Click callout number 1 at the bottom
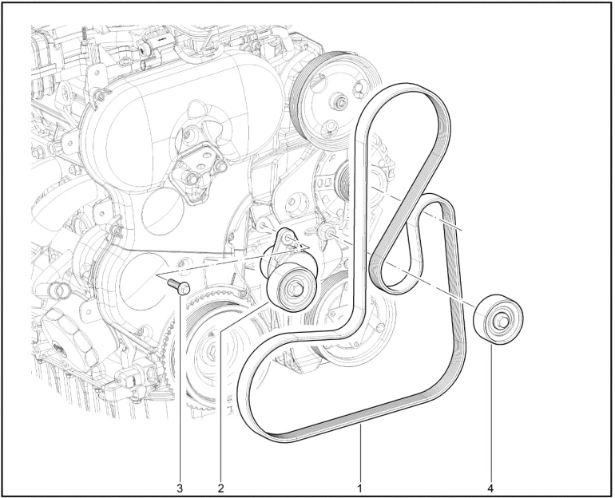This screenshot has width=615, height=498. pos(359,488)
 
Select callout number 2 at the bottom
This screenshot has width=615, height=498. pos(220,488)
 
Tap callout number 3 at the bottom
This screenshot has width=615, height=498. pos(180,488)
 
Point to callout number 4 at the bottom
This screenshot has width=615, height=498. pos(490,488)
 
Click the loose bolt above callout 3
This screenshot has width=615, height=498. pos(179,287)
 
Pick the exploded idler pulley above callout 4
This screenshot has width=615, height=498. pos(498,320)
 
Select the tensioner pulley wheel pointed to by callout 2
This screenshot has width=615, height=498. pos(292,287)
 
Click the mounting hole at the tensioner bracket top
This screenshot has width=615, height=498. pos(288,238)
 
